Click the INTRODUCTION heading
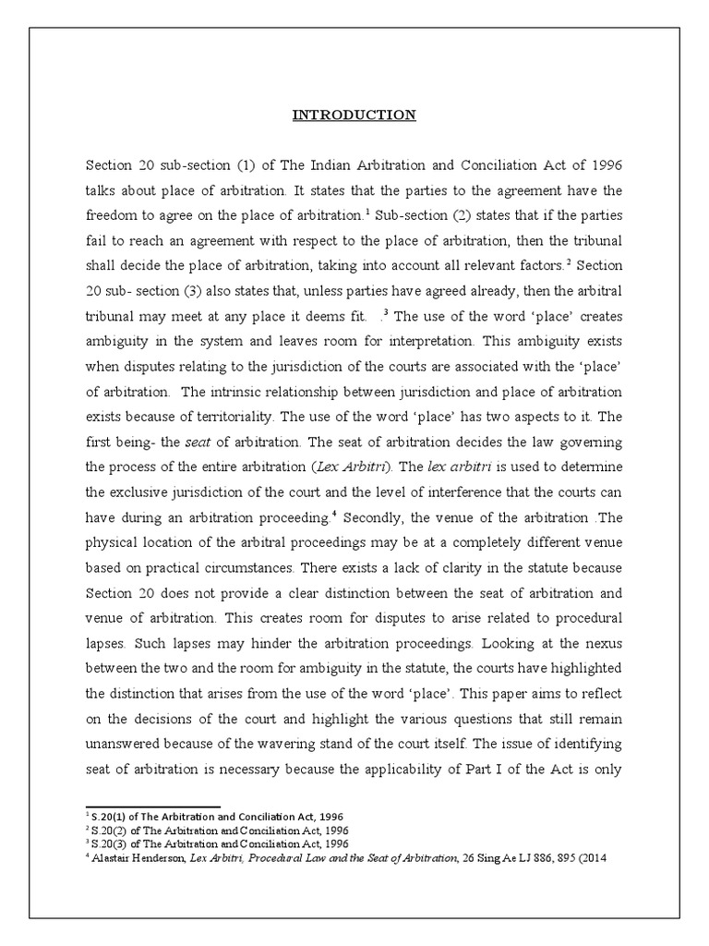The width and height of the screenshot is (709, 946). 354,115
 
